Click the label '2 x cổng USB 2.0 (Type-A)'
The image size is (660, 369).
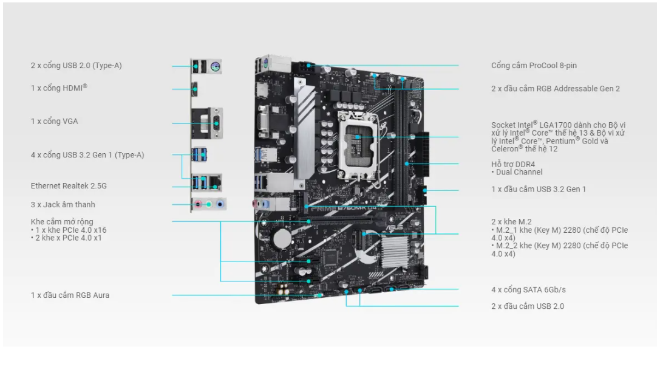point(76,66)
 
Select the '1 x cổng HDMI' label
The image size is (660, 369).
point(59,88)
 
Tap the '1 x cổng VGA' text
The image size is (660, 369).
point(54,122)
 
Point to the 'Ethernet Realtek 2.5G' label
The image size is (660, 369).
point(69,186)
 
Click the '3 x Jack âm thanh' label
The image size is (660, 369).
point(63,205)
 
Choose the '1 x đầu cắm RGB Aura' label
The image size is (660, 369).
point(70,295)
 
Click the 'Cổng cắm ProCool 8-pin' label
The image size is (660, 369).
point(534,65)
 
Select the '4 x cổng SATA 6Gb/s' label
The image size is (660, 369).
point(528,290)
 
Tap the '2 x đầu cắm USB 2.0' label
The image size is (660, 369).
point(528,306)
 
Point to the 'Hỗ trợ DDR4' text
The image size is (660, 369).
point(512,164)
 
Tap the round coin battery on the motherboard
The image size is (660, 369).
point(282,238)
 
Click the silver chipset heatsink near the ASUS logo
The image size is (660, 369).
point(395,252)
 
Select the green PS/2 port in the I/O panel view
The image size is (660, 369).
point(215,66)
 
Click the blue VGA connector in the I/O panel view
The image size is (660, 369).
point(216,123)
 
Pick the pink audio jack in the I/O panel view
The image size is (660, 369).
point(199,205)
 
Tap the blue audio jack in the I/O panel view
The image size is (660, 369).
point(220,205)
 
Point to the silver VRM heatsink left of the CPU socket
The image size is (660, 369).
point(304,131)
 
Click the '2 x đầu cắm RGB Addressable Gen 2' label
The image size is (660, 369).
point(555,89)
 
